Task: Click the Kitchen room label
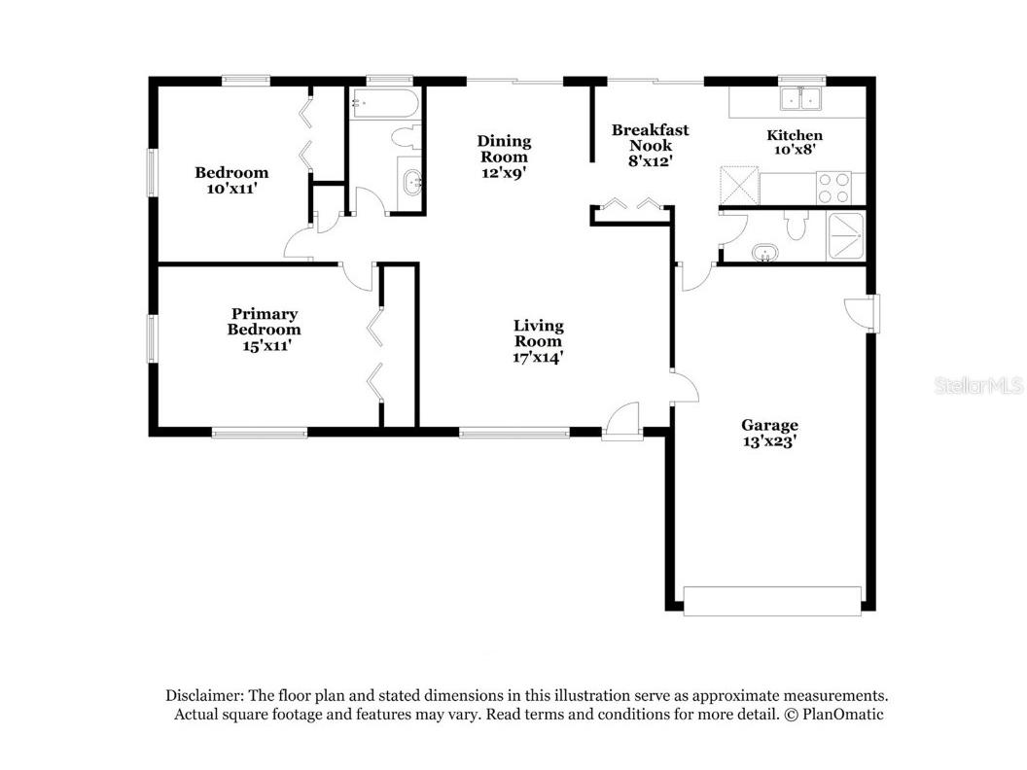[x=795, y=135]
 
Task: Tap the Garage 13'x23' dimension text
[x=769, y=440]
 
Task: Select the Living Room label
[x=539, y=332]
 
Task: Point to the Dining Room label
[x=504, y=149]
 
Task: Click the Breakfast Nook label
[x=650, y=137]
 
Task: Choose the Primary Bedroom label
[x=265, y=321]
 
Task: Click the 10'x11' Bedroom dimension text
[x=231, y=189]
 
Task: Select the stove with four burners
[x=833, y=187]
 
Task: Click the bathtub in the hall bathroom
[x=384, y=104]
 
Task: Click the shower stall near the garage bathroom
[x=843, y=235]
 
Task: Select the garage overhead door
[x=772, y=600]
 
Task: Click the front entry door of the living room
[x=620, y=425]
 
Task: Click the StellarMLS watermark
[x=978, y=386]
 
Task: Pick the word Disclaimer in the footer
[x=203, y=695]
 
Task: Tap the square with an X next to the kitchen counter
[x=738, y=184]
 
